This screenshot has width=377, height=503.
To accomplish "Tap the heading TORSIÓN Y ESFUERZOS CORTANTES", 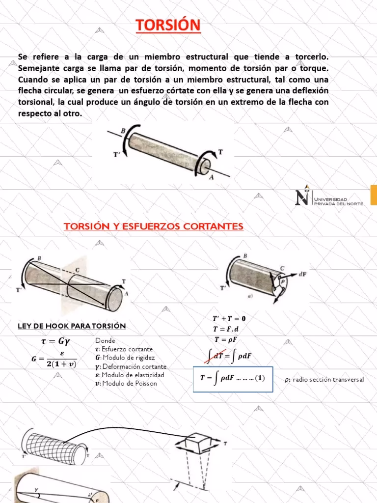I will tap(154, 226).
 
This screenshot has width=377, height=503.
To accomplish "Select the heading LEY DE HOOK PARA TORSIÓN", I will tap(72, 326).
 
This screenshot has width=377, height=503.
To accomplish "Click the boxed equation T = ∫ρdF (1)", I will tap(233, 379).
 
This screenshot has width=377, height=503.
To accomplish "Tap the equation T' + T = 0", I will tap(230, 318).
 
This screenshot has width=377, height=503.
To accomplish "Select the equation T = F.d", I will tap(230, 329).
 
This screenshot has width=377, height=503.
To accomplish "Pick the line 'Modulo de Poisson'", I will tap(129, 384).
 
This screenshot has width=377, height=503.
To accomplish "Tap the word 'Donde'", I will tap(106, 340).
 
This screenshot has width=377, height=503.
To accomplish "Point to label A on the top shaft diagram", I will tap(211, 178).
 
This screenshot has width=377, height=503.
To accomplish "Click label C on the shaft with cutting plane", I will tap(77, 270).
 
